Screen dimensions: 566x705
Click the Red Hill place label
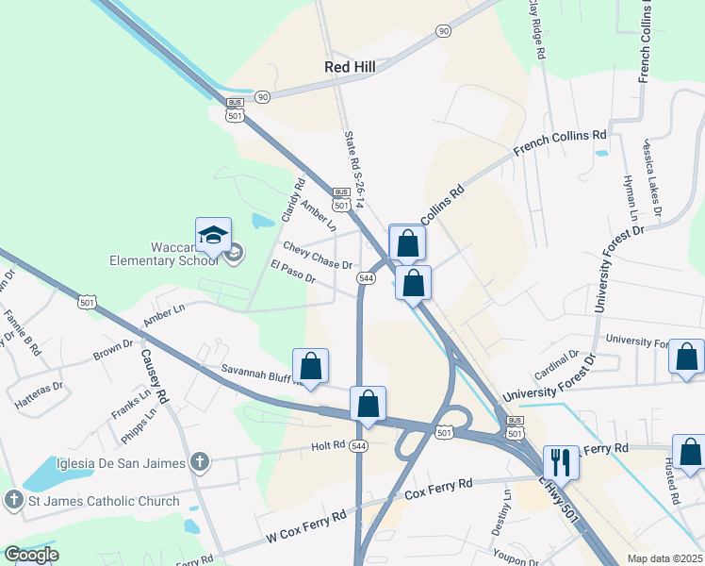[351, 67]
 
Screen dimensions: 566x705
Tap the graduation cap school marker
[213, 236]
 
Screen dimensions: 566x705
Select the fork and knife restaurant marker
[561, 461]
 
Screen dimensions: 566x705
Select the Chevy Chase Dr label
[317, 257]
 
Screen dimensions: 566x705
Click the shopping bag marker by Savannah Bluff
[310, 366]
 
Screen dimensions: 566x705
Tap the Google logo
[31, 555]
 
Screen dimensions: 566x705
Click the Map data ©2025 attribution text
[664, 558]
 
